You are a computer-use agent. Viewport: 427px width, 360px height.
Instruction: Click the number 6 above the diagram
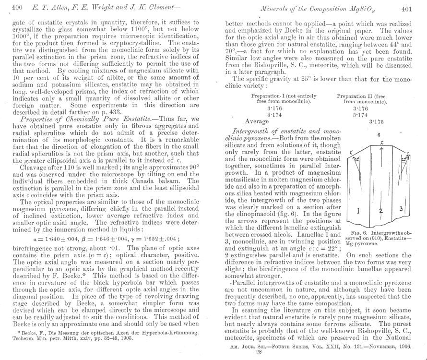click(379, 135)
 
